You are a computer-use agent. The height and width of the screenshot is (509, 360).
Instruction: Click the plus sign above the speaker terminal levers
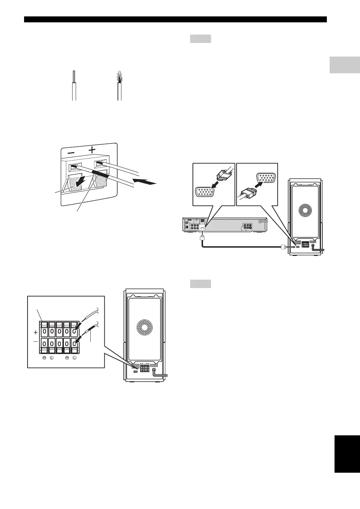coord(92,150)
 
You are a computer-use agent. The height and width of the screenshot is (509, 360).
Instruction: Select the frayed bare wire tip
coord(119,78)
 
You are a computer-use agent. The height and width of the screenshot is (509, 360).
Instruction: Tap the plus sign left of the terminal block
coord(36,333)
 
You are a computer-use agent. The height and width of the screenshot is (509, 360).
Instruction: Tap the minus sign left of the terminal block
coord(36,342)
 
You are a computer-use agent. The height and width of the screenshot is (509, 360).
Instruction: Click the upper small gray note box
coord(201,38)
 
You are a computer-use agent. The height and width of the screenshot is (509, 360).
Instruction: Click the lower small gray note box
coord(201,283)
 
